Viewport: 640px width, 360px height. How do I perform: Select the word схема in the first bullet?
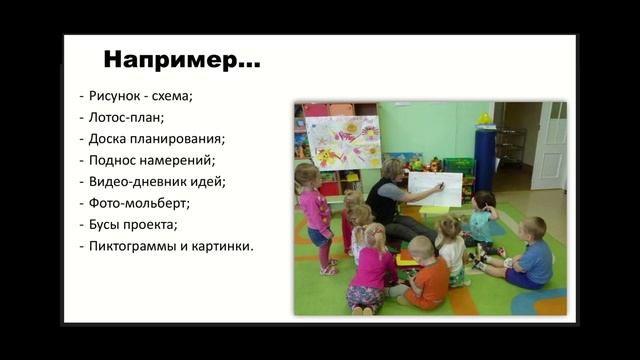(172, 97)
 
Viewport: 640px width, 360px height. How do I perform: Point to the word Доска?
(108, 139)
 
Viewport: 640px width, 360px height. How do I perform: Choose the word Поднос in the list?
(112, 160)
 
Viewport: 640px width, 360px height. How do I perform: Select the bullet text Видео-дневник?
(136, 181)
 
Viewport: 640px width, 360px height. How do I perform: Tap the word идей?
(207, 181)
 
